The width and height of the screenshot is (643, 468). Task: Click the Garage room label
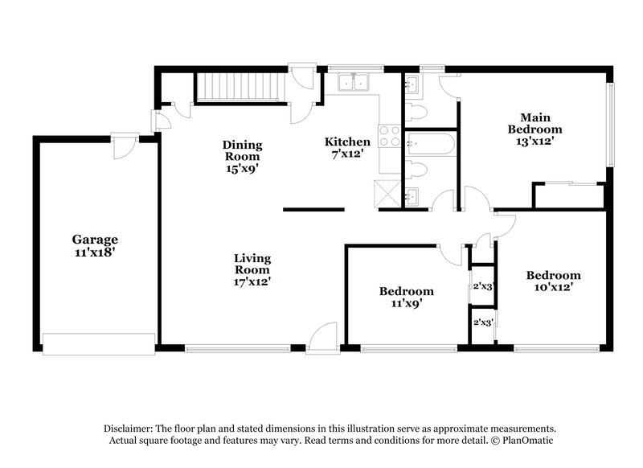95,239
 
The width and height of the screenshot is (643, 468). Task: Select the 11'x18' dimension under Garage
95,252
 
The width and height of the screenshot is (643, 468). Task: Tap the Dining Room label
242,150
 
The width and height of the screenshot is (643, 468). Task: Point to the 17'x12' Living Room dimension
252,281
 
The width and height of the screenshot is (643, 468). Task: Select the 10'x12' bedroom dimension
553,286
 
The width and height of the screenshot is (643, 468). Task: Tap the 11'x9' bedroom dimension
406,303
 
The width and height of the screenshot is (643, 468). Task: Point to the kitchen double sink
354,82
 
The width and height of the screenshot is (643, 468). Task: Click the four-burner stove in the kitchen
390,135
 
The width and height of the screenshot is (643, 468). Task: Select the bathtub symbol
430,146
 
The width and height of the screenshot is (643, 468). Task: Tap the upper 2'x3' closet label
482,286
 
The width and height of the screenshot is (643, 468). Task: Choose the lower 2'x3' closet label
482,322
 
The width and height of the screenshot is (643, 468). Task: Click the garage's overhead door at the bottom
98,344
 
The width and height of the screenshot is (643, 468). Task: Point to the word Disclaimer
133,429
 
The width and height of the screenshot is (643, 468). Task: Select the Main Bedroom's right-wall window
611,122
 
